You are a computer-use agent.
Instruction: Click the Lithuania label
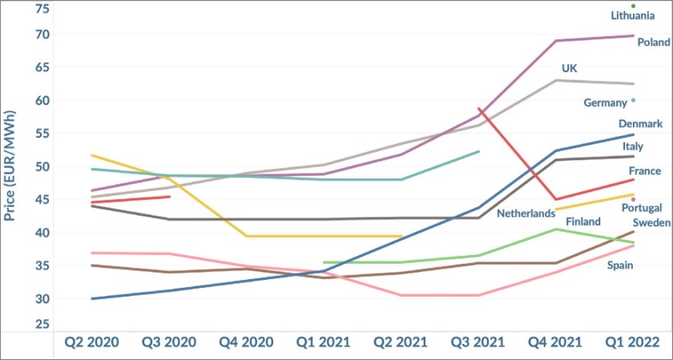633,16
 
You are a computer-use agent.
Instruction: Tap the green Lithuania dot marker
633,6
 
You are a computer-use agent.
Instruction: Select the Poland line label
654,42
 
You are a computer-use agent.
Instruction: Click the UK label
569,69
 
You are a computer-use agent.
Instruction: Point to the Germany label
605,103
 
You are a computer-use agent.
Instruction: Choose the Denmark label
640,124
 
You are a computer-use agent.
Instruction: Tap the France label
643,172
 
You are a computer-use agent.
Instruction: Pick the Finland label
583,221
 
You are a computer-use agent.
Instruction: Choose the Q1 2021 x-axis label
324,342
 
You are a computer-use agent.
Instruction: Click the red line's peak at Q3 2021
479,108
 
